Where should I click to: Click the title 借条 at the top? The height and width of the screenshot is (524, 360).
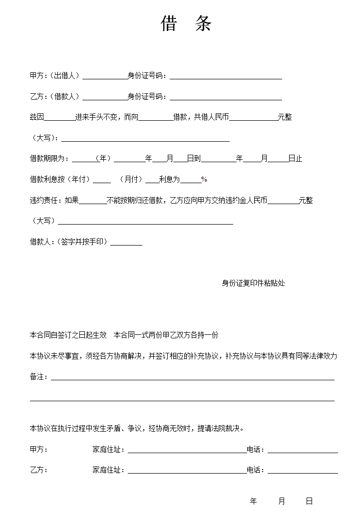click(x=186, y=23)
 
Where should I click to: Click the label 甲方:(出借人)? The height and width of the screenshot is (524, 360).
click(x=55, y=76)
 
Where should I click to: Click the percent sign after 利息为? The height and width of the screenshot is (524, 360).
click(x=204, y=180)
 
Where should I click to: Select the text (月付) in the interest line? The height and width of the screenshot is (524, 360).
click(x=131, y=180)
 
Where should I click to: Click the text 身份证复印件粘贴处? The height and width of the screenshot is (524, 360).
click(x=253, y=283)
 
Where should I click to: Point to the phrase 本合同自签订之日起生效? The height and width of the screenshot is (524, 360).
click(x=68, y=335)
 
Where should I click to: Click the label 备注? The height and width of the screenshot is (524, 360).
click(x=38, y=377)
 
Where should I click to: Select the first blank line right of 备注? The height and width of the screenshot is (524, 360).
click(x=192, y=379)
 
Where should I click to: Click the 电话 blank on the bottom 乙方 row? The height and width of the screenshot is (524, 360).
click(x=303, y=472)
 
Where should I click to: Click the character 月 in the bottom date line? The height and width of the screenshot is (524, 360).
click(x=282, y=502)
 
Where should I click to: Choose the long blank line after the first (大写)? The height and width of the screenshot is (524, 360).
click(x=145, y=140)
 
